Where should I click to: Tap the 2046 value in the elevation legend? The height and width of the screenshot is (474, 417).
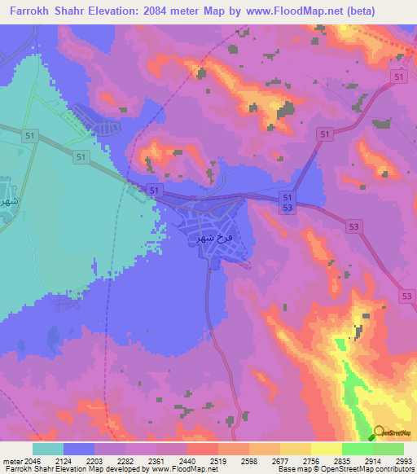[x=33, y=461]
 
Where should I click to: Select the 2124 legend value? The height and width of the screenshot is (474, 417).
[x=64, y=461]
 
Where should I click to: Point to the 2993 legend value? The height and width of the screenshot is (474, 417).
[x=405, y=461]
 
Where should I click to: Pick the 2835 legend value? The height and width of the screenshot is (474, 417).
[x=342, y=461]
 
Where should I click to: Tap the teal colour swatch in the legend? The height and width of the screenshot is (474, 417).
[x=48, y=449]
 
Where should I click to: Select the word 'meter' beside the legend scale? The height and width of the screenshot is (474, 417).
[x=11, y=461]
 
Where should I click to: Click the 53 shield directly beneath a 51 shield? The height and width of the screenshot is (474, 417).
[x=287, y=209]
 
